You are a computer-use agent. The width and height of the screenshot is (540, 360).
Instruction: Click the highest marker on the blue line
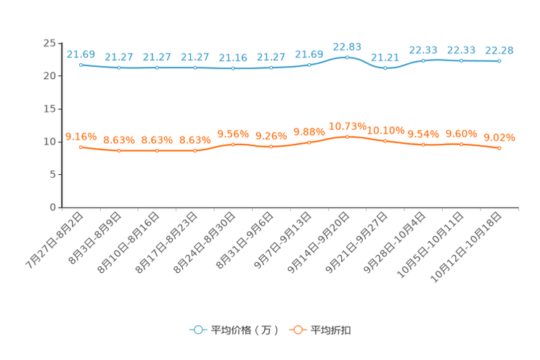[x=347, y=57]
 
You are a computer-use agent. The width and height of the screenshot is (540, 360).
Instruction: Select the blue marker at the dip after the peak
[x=385, y=68]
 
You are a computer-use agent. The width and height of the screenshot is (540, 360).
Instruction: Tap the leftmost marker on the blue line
[x=81, y=65]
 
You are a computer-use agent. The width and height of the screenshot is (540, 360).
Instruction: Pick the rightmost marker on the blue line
[x=499, y=61]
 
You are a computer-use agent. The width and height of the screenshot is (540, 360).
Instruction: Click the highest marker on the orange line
[x=347, y=136]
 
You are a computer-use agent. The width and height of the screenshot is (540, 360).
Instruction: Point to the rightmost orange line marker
[x=499, y=148]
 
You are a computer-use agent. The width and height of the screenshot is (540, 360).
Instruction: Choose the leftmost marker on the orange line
[x=81, y=147]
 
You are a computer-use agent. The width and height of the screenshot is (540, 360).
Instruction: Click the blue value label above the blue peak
[x=347, y=46]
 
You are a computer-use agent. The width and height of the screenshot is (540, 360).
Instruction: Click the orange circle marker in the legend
[x=297, y=330]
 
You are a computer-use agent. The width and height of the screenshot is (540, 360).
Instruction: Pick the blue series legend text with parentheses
[x=245, y=330]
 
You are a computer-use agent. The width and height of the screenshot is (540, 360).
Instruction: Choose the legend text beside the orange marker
[x=332, y=330]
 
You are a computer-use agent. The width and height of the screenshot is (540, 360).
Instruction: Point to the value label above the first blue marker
[x=81, y=54]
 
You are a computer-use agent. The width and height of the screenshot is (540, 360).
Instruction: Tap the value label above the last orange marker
[x=499, y=137]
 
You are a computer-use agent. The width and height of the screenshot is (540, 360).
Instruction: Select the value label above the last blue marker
[x=499, y=50]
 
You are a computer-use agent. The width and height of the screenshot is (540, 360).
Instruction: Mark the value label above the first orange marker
[x=81, y=136]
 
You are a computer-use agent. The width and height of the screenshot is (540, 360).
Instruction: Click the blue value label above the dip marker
[x=385, y=57]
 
